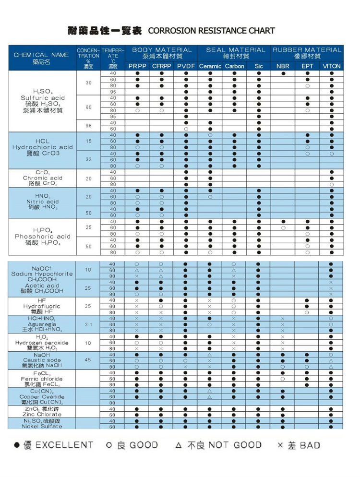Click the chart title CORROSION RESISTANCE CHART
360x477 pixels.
point(211,31)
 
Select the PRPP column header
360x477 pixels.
point(137,66)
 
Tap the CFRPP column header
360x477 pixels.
point(161,66)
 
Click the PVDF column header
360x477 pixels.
point(186,66)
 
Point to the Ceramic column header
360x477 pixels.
point(210,66)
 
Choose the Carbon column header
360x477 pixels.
point(234,66)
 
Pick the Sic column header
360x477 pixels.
point(258,66)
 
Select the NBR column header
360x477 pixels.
point(283,66)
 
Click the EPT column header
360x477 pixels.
point(308,66)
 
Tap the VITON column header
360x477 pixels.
point(331,66)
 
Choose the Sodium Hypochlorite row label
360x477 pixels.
point(42,274)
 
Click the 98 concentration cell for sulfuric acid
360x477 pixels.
point(88,125)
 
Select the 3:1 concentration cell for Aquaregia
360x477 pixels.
point(88,324)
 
